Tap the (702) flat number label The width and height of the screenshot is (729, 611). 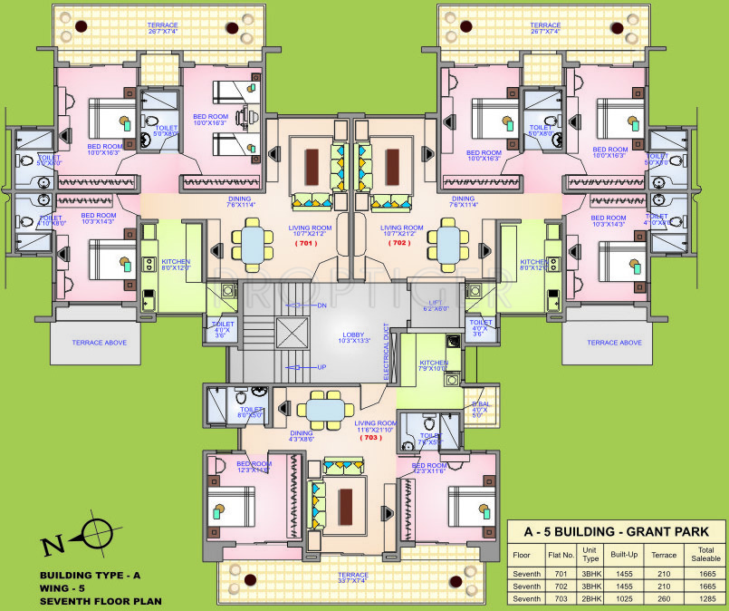pos(398,243)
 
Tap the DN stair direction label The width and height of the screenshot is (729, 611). pos(322,305)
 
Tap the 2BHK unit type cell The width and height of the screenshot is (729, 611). pos(590,599)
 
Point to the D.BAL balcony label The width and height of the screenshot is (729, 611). pos(478,409)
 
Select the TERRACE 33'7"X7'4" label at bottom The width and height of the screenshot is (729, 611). pos(353,578)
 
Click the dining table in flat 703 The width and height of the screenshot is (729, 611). pos(323,409)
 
